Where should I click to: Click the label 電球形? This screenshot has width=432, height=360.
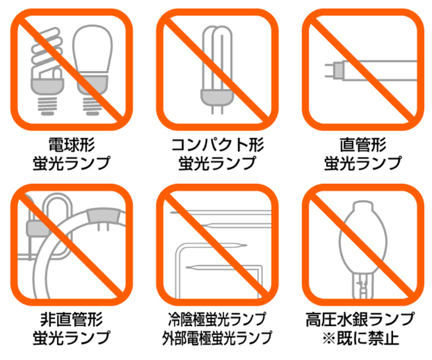(72, 145)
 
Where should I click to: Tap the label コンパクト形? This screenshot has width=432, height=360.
(217, 145)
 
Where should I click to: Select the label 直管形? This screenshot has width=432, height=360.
(363, 145)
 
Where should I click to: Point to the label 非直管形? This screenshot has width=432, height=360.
(72, 320)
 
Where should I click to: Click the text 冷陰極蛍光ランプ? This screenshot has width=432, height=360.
(217, 320)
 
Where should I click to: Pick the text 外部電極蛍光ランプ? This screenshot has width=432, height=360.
(217, 337)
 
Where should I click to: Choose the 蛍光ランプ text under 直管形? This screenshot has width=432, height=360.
(363, 163)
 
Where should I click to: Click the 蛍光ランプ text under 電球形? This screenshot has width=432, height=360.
(72, 163)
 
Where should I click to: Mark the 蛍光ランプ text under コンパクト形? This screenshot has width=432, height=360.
(217, 163)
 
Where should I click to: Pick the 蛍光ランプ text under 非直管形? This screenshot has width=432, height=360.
(72, 337)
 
